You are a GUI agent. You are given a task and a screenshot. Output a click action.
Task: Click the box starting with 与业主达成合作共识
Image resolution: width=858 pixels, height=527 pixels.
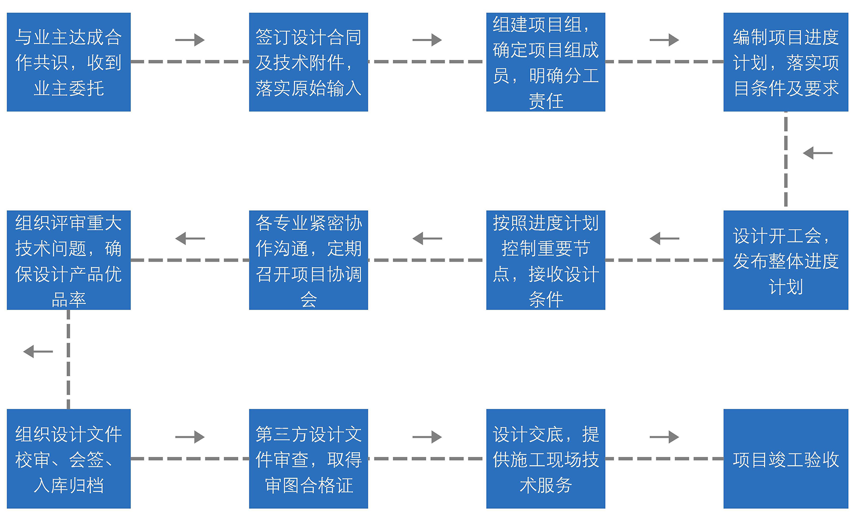pos(69,62)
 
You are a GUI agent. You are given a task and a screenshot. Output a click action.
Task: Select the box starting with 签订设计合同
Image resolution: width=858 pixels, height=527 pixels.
pos(308,62)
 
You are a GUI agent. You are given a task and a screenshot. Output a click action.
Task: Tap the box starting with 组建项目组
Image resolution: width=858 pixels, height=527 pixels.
pos(546,62)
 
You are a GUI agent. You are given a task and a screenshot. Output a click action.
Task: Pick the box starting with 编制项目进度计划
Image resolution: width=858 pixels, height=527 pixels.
pos(786,62)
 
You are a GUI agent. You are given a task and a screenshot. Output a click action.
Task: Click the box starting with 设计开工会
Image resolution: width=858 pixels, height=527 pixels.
pos(786,260)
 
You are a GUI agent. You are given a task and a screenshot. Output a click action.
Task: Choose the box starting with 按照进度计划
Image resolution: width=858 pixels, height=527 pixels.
pos(546,260)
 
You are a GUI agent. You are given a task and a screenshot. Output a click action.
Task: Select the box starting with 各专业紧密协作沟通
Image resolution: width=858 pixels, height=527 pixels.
pos(308,260)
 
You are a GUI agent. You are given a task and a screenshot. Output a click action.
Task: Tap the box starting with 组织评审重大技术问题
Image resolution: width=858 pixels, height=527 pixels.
pos(69,260)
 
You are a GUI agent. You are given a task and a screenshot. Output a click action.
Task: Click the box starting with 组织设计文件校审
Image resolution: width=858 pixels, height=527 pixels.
pos(69,459)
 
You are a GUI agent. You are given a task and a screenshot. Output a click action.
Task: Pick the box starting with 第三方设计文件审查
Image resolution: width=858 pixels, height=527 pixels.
pos(308,459)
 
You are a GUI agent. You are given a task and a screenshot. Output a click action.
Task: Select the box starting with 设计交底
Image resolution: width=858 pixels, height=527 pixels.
pos(546,459)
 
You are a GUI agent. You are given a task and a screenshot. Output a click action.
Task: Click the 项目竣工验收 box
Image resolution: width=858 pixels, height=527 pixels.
pos(786,459)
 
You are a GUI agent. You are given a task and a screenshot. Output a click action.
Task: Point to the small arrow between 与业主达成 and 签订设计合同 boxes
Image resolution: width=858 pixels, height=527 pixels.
pos(190,40)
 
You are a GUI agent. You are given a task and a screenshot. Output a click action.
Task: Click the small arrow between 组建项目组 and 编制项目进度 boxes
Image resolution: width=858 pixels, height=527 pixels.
pos(664,40)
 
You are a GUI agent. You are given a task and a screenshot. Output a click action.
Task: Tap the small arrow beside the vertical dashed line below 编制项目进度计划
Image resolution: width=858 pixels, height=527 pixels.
pos(817,153)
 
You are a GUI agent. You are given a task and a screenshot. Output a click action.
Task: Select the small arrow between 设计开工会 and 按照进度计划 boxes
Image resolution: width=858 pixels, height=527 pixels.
pos(664,238)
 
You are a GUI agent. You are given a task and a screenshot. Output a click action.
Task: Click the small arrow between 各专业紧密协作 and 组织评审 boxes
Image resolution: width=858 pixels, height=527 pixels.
pos(190,238)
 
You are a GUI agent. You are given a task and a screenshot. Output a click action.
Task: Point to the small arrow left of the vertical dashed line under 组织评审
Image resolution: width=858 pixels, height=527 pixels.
pos(38,352)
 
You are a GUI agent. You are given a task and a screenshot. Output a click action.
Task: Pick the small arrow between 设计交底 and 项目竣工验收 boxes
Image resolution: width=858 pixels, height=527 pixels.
pos(664,437)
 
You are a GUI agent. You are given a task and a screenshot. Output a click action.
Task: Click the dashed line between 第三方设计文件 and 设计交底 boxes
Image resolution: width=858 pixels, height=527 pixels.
pos(427,459)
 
